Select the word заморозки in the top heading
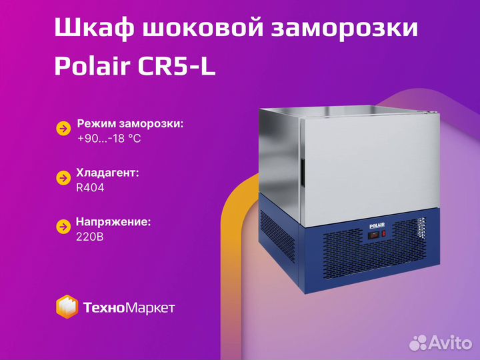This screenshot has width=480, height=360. tap(345, 28)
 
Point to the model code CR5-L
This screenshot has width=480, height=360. tap(177, 66)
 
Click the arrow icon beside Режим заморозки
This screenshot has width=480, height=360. tap(64, 129)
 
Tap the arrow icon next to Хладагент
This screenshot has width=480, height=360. tap(64, 178)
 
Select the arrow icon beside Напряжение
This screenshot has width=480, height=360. tap(64, 227)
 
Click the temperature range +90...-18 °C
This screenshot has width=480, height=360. tap(109, 139)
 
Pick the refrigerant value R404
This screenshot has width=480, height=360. tap(90, 187)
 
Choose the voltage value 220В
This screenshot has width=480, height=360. tap(90, 237)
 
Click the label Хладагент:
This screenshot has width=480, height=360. tap(107, 173)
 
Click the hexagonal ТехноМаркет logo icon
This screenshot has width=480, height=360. tap(67, 307)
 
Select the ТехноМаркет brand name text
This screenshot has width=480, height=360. tap(129, 307)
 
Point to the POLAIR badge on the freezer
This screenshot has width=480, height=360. tap(377, 226)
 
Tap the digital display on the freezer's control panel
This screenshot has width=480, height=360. tap(373, 235)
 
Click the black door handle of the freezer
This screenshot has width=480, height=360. tap(302, 173)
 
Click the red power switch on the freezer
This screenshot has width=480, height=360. tap(383, 234)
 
